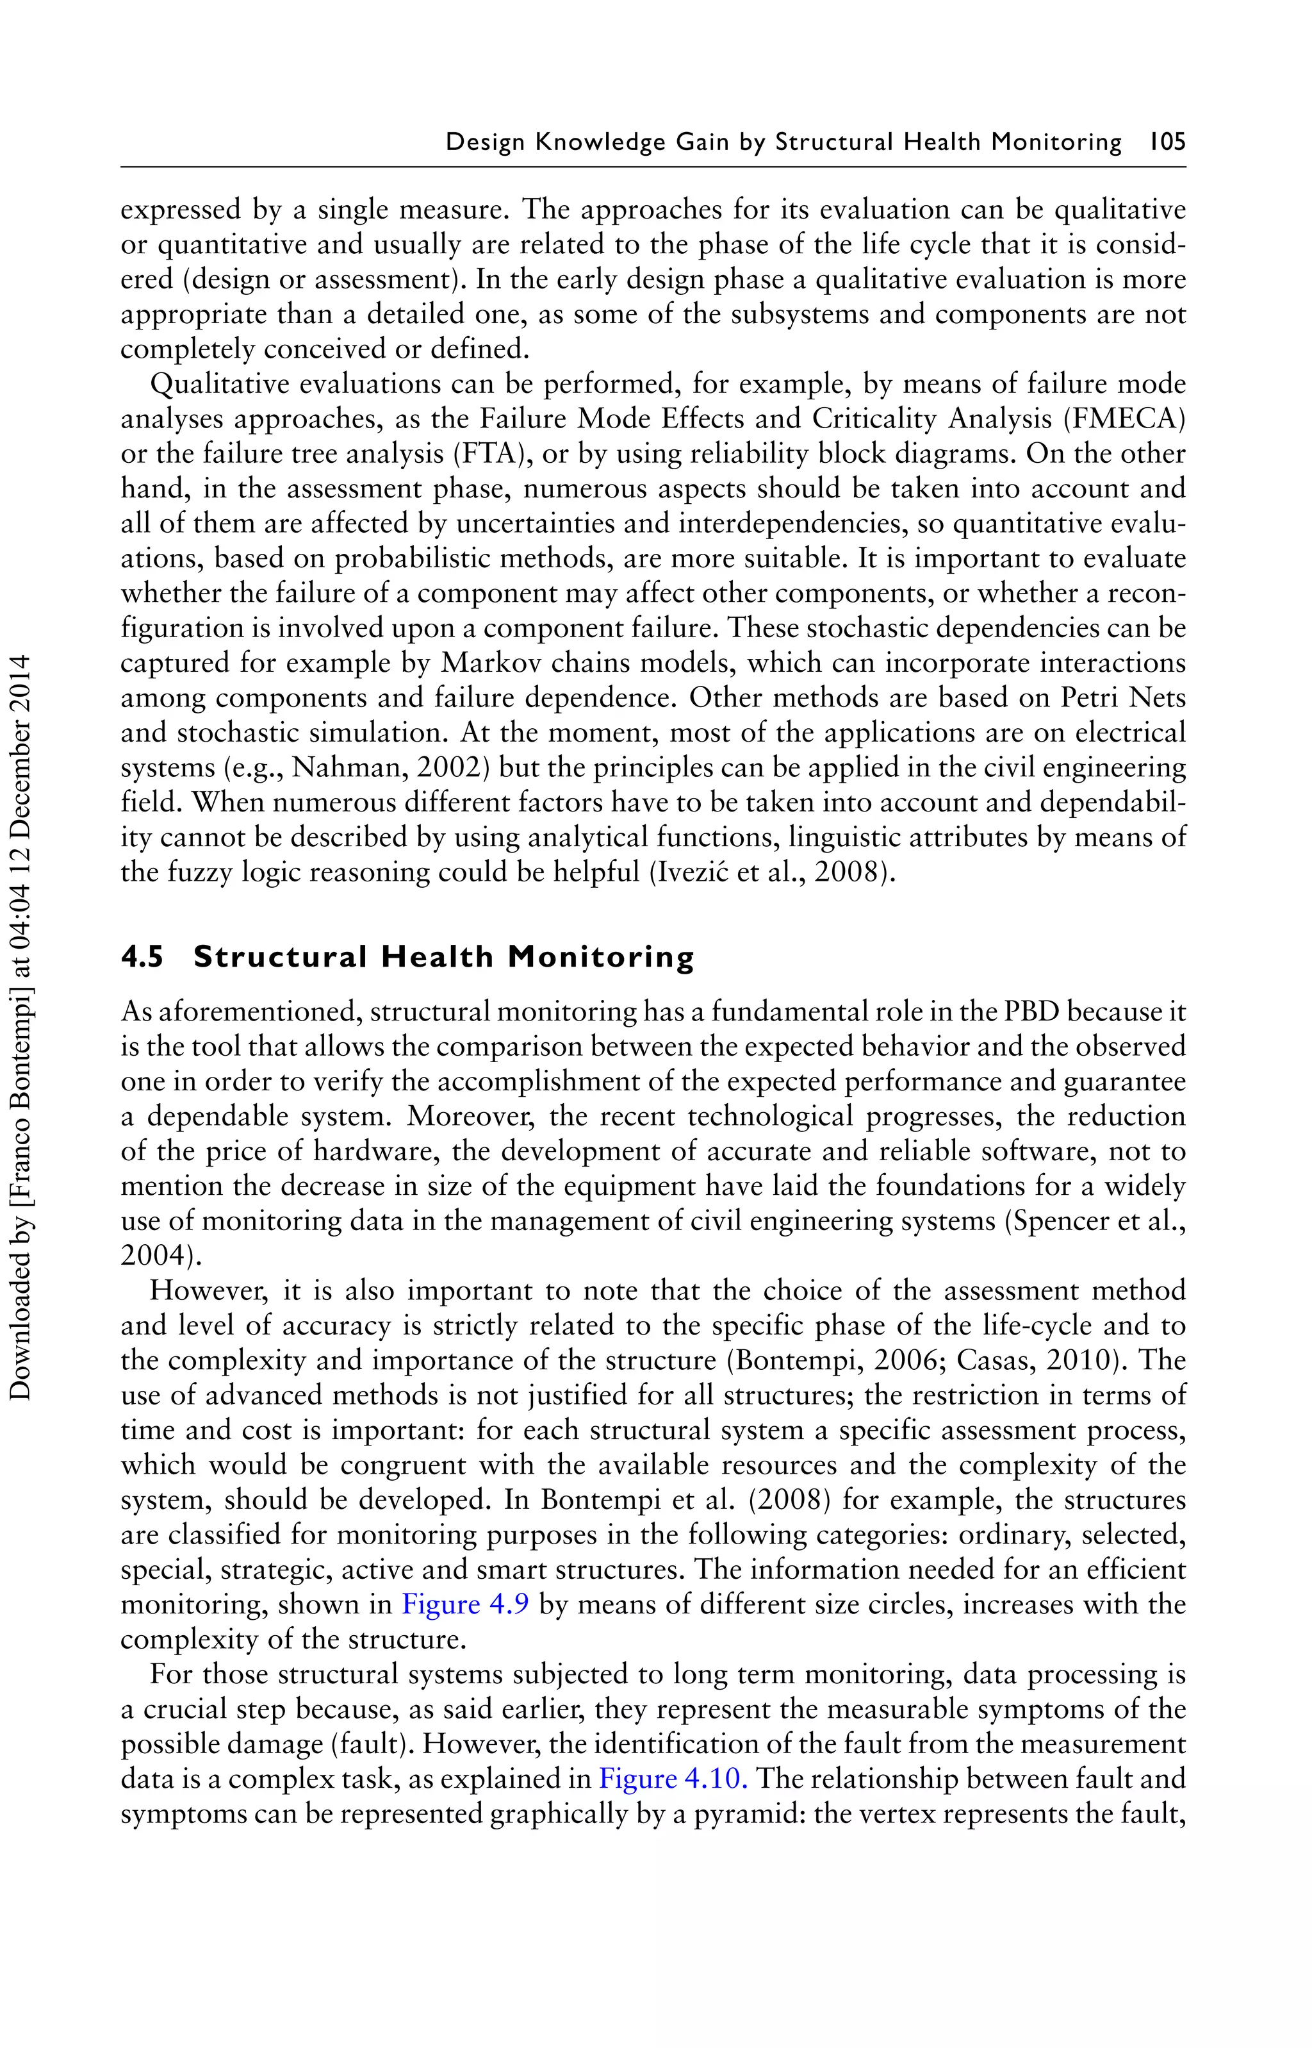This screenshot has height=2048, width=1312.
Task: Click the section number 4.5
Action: (142, 957)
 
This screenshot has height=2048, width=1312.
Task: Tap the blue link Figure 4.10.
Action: (673, 1779)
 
